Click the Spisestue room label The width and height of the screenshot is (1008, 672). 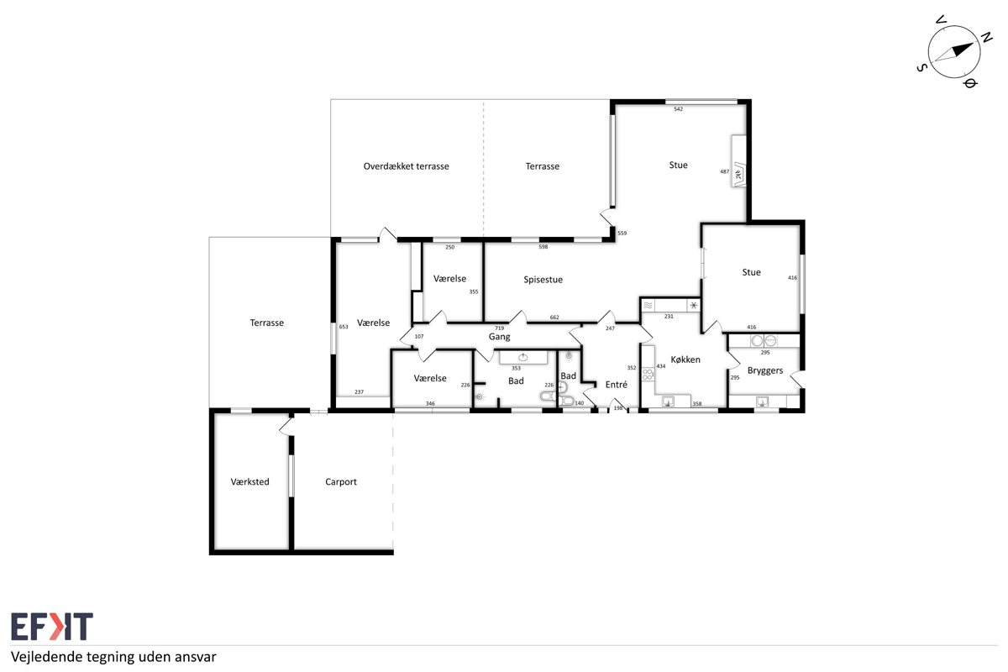pos(543,280)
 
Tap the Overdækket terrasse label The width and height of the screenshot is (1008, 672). pos(406,166)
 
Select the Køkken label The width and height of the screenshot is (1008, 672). pos(685,360)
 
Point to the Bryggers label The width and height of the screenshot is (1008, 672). pos(765,371)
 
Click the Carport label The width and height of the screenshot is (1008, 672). pos(341,482)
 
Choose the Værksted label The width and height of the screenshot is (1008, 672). pos(249,481)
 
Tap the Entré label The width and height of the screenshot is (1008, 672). pos(616,385)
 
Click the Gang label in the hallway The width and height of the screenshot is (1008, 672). pos(499,337)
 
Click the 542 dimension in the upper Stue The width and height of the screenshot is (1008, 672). pos(678,109)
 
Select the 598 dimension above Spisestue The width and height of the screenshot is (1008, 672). pos(543,247)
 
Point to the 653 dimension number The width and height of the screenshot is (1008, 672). pos(344,327)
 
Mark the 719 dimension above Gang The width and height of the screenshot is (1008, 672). pos(499,328)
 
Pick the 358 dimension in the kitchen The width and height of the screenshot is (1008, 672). pos(697,404)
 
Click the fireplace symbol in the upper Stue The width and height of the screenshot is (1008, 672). pos(738,175)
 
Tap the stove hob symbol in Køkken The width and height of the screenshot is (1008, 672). pos(648,374)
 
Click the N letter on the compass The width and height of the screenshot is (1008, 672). pos(986,38)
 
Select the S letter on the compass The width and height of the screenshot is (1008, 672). pos(922,68)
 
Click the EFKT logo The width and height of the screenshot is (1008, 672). pos(52,626)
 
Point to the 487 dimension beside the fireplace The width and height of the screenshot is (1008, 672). pos(724,171)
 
